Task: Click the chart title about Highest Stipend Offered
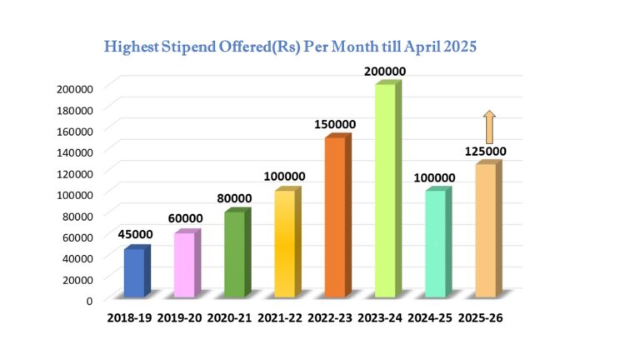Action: coord(290,47)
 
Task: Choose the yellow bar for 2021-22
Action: coord(285,243)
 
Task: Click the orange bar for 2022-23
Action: coord(335,217)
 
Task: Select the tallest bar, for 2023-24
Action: coord(385,191)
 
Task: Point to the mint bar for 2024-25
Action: coord(435,243)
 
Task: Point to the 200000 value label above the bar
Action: coord(385,72)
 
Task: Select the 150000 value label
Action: coord(335,124)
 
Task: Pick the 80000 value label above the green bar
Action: coord(234,198)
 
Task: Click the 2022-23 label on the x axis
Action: coord(332,317)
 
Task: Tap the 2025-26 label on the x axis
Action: coord(481,317)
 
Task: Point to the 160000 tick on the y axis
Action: coord(76,131)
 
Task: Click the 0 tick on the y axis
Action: coord(89,300)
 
